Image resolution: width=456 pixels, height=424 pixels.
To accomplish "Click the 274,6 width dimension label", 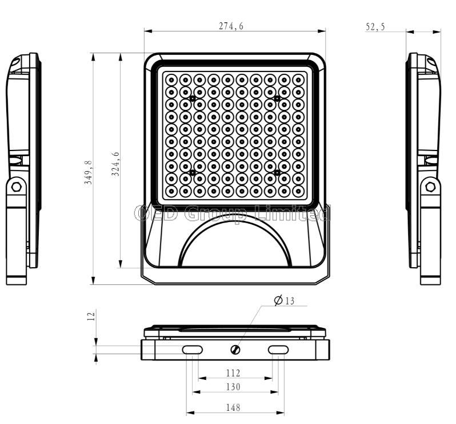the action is click(231, 26).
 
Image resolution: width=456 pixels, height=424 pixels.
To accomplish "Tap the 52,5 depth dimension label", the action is click(375, 27).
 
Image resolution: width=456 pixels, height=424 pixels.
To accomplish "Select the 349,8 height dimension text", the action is click(88, 172).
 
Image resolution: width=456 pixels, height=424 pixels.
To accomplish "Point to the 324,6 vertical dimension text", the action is click(115, 164).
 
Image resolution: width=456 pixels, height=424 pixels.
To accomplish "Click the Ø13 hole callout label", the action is click(285, 300).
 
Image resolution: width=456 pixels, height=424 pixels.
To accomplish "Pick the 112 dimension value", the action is click(233, 373).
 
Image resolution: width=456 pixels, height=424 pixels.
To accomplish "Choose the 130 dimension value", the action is click(233, 387).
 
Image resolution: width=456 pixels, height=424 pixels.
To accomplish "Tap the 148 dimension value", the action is click(233, 407).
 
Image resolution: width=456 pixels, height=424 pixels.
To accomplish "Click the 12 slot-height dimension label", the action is click(91, 316).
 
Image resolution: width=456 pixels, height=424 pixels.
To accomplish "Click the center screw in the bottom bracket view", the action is click(235, 350).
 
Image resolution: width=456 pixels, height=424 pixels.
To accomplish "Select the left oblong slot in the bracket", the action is click(192, 350).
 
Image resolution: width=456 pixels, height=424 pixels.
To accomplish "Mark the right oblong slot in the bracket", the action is click(278, 350).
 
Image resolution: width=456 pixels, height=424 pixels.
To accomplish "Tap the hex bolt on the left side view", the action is click(16, 187).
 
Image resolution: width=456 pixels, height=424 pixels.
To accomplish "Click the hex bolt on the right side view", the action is click(430, 187).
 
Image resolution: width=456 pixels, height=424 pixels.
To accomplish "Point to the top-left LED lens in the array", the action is click(171, 80).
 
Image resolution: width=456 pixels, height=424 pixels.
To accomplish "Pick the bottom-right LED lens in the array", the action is click(298, 191).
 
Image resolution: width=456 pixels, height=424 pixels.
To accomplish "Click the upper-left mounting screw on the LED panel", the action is click(193, 99).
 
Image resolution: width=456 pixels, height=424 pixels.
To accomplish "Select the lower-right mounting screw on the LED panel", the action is click(277, 173).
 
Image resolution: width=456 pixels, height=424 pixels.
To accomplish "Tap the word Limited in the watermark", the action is click(292, 213).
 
